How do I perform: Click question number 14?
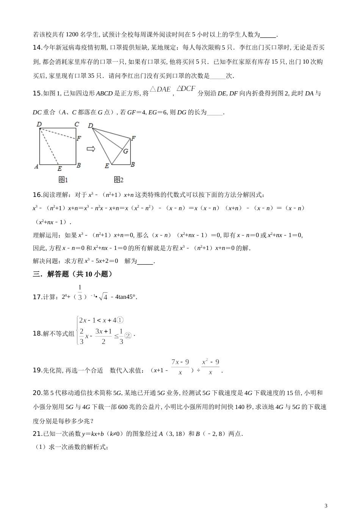click(38, 48)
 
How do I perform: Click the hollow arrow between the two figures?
click(91, 149)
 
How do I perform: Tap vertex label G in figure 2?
click(126, 151)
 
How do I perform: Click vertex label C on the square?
click(77, 124)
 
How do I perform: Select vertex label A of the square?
click(36, 166)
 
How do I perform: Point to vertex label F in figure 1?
click(78, 139)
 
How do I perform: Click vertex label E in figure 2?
click(107, 166)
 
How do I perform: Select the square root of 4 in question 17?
click(103, 297)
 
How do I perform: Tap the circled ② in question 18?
click(128, 335)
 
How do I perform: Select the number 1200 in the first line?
click(72, 35)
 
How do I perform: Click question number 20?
click(38, 393)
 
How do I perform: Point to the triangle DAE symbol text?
click(160, 90)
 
